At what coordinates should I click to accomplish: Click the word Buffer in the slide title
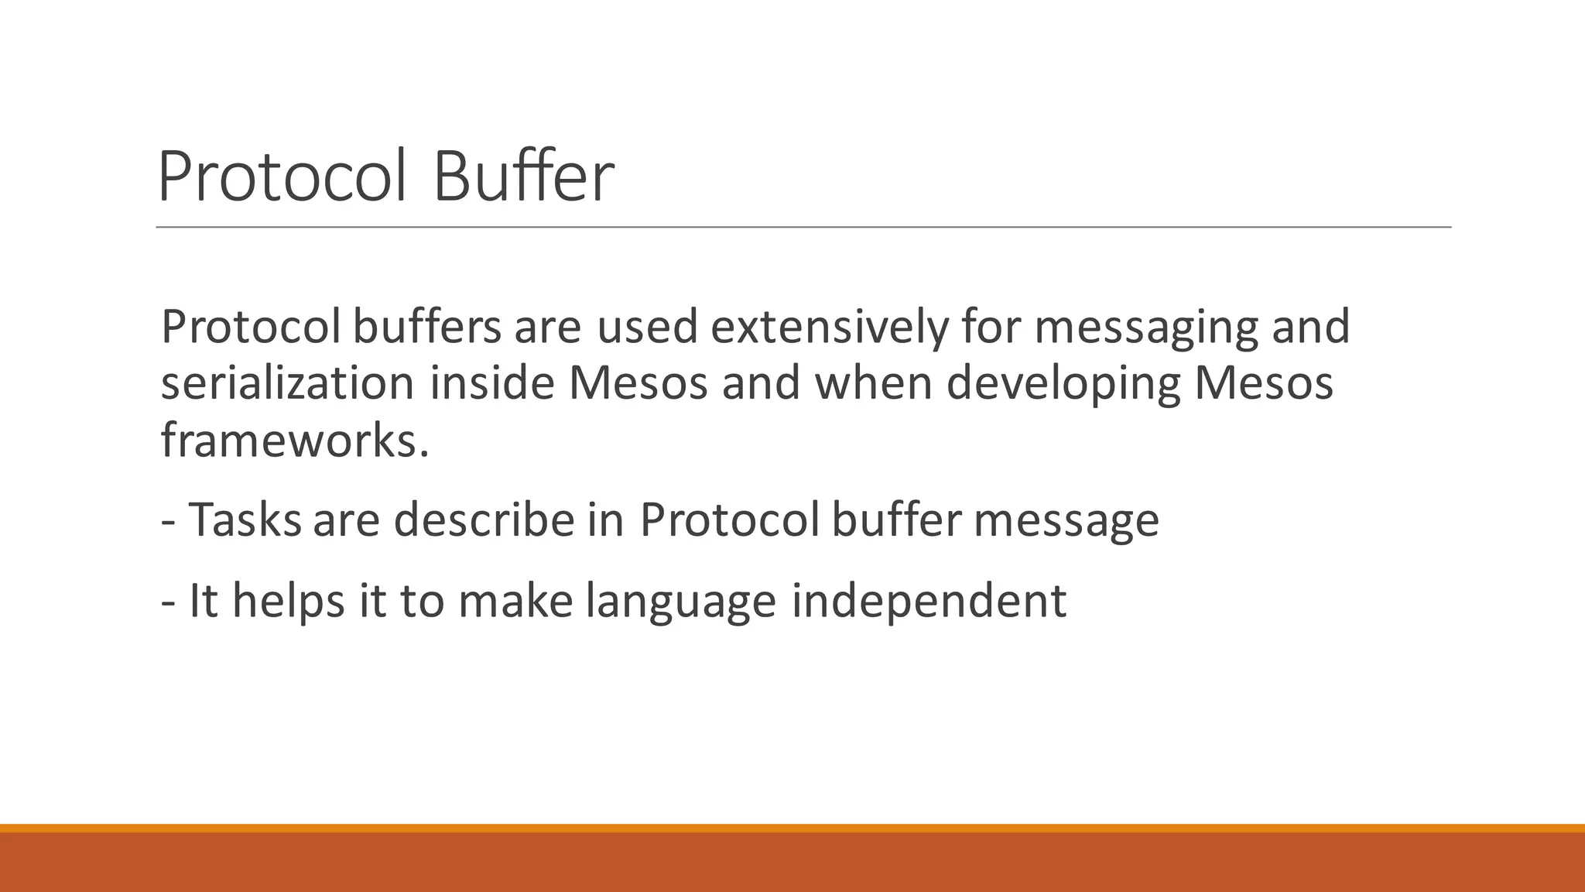point(524,177)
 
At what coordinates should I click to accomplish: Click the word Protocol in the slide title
point(282,177)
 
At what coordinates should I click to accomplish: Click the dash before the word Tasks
point(168,520)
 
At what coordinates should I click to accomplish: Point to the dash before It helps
point(168,602)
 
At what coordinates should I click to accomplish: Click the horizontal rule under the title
point(803,228)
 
